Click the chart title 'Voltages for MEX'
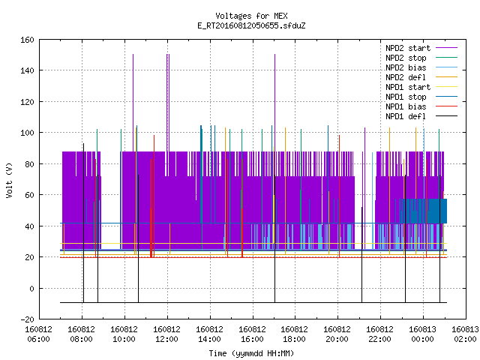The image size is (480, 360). [251, 16]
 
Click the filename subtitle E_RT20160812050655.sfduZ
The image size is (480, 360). [251, 25]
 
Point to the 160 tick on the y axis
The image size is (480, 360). [27, 40]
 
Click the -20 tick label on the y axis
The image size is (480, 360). [27, 319]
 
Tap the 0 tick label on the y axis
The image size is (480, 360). [31, 288]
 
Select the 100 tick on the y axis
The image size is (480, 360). [27, 133]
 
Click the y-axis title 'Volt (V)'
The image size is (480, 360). [9, 180]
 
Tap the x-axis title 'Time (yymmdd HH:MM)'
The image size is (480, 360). [251, 353]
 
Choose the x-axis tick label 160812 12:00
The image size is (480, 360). [166, 334]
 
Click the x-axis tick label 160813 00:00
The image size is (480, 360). [422, 334]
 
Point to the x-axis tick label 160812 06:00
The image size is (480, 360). [38, 334]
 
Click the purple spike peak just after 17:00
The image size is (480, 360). [275, 55]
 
